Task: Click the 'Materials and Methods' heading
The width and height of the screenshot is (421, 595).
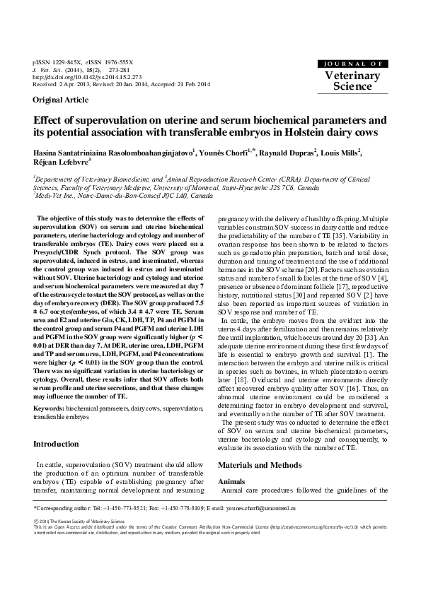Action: coord(259,464)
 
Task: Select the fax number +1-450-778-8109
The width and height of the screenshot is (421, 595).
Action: coord(191,508)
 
